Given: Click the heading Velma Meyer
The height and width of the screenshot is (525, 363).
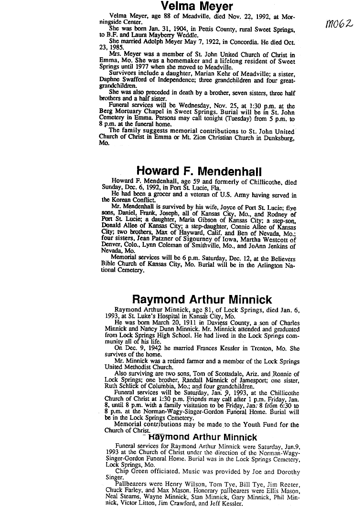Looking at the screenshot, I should tap(197, 7).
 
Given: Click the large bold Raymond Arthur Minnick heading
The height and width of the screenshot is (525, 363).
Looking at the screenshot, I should tap(202, 300).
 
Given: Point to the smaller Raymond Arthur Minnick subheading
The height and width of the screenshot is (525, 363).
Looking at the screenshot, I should tap(203, 437).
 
